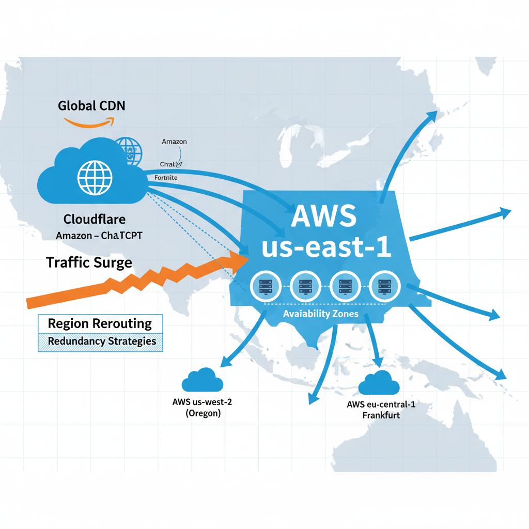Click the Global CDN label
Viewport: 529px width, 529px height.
[x=91, y=106]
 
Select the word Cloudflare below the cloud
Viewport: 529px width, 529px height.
[x=95, y=219]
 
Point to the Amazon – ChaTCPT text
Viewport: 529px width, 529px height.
[x=99, y=236]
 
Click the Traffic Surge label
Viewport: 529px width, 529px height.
[x=89, y=262]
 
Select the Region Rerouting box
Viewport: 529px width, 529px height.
[x=100, y=324]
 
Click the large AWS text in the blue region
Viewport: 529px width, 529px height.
[x=323, y=216]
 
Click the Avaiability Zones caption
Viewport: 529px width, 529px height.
[x=320, y=314]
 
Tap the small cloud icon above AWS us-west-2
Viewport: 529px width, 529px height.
[x=202, y=380]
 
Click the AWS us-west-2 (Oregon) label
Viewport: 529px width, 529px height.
[x=202, y=407]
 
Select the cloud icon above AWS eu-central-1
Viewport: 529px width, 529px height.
[x=379, y=383]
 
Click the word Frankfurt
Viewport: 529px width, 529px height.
[x=381, y=415]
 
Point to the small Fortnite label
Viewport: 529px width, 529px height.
[x=166, y=178]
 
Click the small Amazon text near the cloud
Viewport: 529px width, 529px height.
[x=174, y=141]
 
